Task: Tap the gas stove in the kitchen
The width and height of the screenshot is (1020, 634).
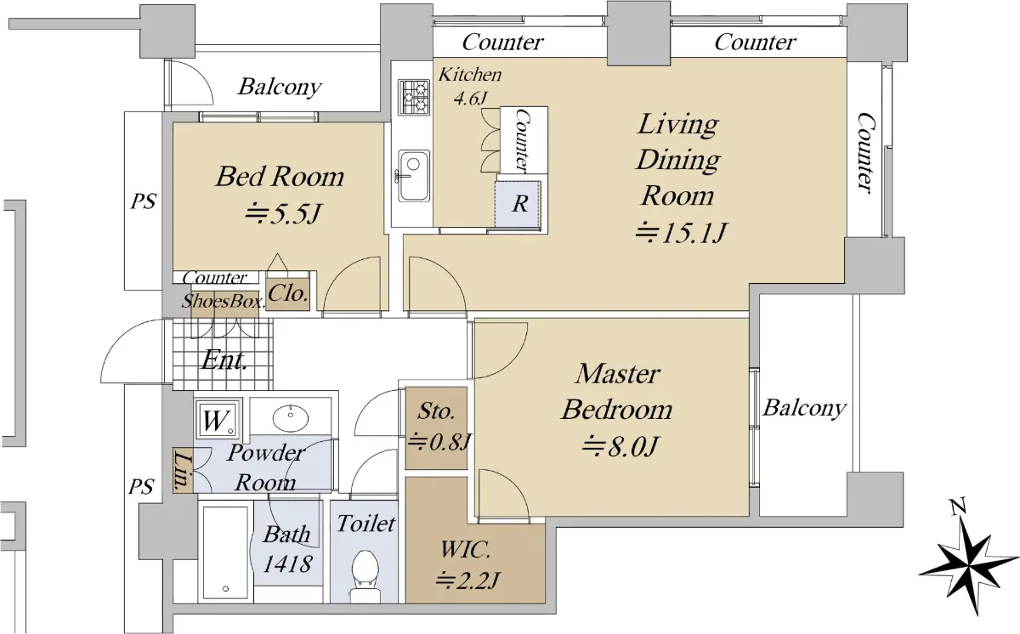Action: pos(414,97)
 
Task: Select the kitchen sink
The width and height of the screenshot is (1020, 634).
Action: pos(414,176)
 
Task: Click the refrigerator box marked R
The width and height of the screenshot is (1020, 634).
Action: pos(518,203)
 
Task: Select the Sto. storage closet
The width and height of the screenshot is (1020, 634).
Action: pos(437,427)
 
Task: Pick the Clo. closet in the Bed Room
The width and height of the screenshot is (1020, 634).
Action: pos(288,295)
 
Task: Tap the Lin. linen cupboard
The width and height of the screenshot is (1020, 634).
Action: pos(183,471)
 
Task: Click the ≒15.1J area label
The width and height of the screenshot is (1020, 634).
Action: pos(681,232)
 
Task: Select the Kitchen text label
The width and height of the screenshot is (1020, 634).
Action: pos(469,75)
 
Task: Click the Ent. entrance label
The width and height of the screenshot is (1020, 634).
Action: pos(224,360)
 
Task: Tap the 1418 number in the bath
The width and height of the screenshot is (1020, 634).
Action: pos(287,563)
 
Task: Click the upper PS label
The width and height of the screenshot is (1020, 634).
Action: pos(144,201)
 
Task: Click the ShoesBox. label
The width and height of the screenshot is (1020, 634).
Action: pos(223,301)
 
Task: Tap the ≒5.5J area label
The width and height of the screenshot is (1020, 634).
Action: pos(284,213)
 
